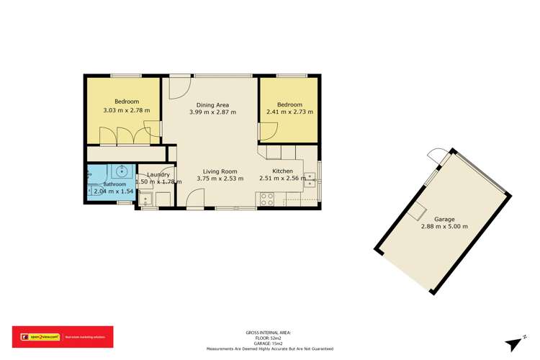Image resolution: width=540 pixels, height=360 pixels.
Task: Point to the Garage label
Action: pos(444,218)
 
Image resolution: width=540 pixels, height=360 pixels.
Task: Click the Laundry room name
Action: pos(158,174)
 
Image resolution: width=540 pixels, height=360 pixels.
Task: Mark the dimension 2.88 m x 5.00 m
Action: pos(444,226)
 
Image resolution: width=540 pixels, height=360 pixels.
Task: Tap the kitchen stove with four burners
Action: pos(266,199)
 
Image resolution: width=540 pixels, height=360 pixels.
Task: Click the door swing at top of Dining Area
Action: pos(178,88)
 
